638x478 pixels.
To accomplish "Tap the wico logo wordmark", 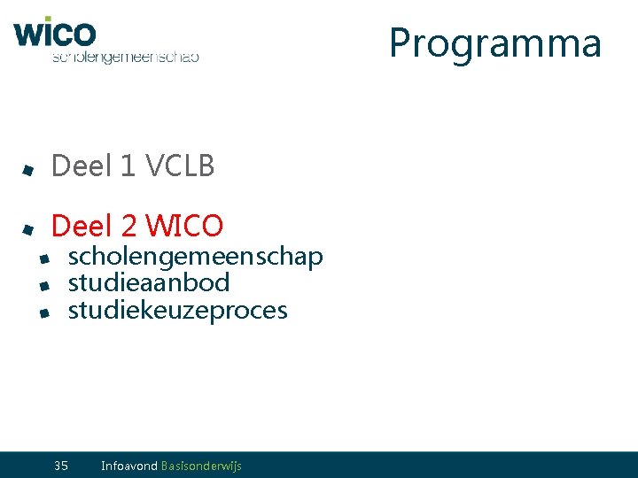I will (x=54, y=33).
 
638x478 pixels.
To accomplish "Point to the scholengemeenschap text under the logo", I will (x=125, y=57).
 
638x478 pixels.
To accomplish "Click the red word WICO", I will (x=185, y=226).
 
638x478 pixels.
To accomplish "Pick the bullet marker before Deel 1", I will (x=28, y=168).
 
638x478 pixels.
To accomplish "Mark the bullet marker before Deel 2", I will (x=28, y=229).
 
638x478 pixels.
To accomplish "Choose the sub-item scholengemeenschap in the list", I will (x=195, y=257).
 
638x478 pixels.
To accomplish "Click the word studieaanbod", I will (x=149, y=283).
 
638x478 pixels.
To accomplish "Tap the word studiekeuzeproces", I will (x=177, y=311).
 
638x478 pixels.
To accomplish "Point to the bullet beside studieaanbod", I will (x=43, y=286).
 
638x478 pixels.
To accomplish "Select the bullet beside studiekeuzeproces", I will (x=43, y=312).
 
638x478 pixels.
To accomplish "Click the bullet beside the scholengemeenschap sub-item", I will (x=43, y=258).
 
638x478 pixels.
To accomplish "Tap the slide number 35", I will (x=61, y=466).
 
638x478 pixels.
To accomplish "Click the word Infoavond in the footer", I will (x=129, y=466).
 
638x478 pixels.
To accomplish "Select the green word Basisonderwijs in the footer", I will (x=201, y=466).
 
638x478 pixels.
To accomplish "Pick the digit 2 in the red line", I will (x=129, y=226).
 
